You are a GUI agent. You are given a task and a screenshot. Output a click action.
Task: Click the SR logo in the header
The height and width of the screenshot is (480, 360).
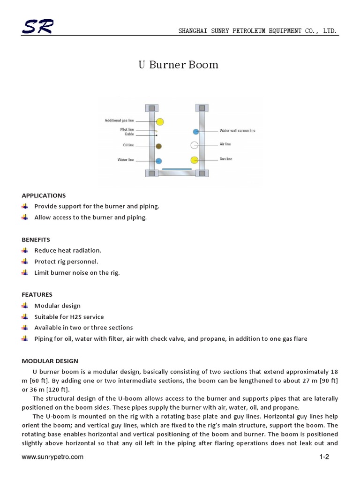tap(37, 28)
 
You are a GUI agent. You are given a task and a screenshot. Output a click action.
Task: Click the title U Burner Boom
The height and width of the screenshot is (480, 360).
tap(178, 65)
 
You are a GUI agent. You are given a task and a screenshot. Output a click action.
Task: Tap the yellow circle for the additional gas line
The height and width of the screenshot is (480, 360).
tap(159, 122)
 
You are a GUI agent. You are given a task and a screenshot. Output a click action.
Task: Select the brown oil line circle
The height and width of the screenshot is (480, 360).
tap(159, 146)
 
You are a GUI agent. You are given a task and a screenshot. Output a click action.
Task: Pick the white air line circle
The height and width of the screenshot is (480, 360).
tap(194, 145)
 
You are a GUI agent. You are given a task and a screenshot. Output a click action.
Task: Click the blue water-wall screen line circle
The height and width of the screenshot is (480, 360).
tap(195, 132)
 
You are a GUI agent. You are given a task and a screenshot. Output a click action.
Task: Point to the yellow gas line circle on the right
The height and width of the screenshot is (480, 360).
tap(194, 160)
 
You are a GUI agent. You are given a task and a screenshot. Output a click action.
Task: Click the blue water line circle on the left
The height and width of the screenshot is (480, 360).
tap(159, 161)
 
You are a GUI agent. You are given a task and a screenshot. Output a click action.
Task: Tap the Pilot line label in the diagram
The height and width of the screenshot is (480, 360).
tap(127, 129)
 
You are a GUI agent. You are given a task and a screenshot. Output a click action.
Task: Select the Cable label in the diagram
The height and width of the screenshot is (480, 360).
tap(129, 134)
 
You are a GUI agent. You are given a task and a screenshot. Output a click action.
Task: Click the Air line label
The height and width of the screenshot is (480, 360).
tap(225, 144)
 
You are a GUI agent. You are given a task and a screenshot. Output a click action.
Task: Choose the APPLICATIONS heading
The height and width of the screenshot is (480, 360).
tap(44, 195)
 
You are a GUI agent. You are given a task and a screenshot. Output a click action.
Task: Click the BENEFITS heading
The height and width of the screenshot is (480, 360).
tap(36, 240)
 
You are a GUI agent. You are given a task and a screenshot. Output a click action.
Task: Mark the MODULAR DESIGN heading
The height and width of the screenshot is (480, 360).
tap(50, 361)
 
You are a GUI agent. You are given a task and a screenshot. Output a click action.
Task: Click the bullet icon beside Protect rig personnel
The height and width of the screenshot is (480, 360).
tap(25, 262)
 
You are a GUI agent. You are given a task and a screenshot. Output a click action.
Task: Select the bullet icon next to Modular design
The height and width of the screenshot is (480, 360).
tap(25, 306)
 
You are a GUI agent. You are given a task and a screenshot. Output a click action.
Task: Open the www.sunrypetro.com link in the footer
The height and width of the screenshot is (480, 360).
tap(52, 457)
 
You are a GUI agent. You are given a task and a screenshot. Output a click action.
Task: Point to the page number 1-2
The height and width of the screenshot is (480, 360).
tap(324, 457)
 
